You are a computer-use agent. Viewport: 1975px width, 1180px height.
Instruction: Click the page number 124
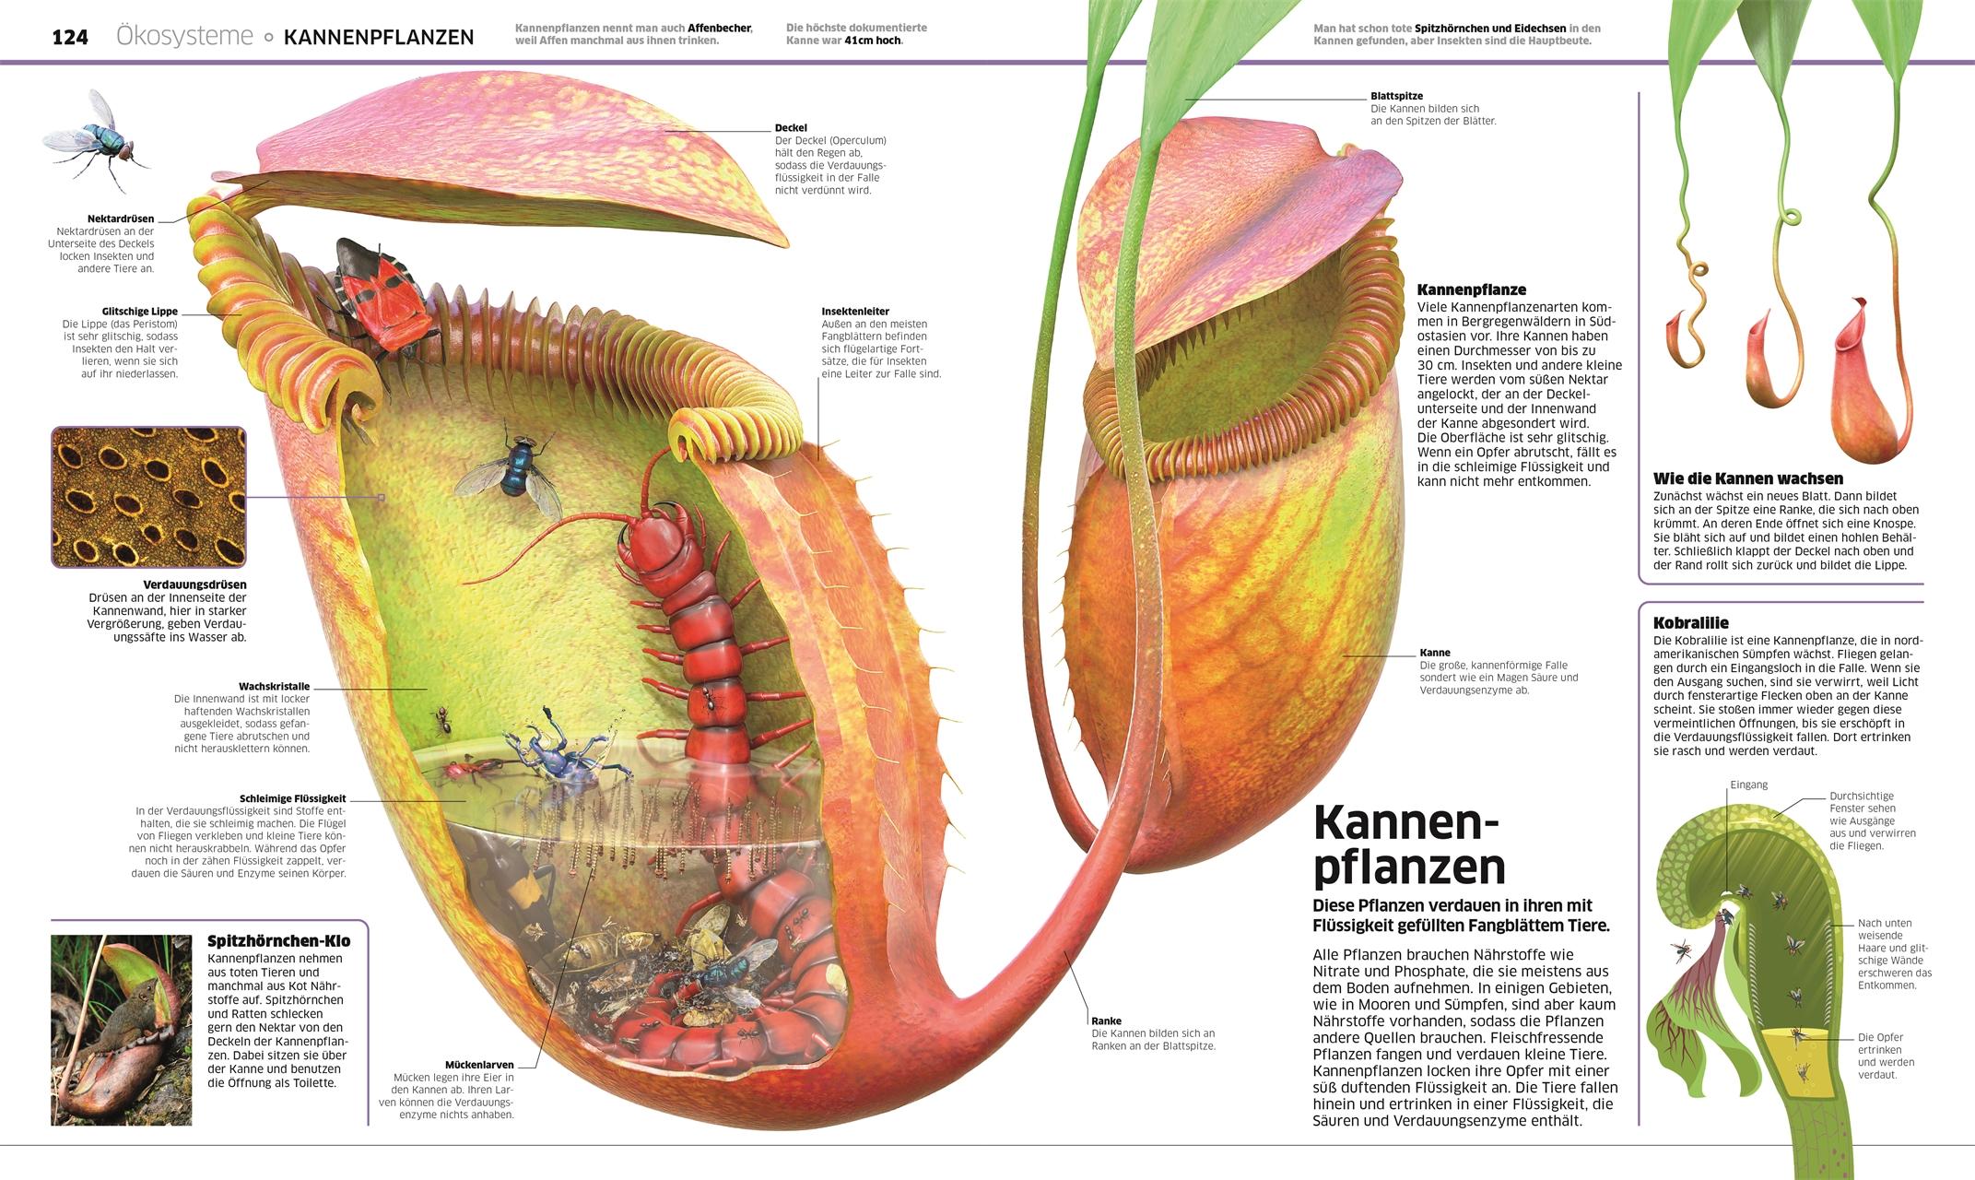pos(70,38)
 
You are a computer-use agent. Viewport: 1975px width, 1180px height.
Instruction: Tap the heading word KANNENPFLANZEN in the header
pos(379,38)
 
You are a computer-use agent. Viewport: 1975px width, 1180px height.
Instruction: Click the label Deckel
pos(791,128)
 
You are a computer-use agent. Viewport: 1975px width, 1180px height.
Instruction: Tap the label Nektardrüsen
pos(121,219)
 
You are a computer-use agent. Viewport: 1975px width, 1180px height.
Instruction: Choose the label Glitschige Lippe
pos(140,312)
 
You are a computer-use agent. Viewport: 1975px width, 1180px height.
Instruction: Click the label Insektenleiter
pos(855,312)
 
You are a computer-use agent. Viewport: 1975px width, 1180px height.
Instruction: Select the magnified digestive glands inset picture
pos(149,496)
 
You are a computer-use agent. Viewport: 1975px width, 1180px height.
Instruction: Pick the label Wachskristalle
pos(274,687)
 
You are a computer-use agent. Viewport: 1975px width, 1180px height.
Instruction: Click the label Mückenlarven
pos(479,1065)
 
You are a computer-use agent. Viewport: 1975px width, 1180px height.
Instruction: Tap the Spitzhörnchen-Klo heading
pos(278,941)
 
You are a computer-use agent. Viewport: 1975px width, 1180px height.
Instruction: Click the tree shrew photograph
pos(121,1030)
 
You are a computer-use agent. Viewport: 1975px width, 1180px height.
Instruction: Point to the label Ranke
pos(1106,1021)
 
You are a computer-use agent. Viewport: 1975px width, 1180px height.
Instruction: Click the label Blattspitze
pos(1396,96)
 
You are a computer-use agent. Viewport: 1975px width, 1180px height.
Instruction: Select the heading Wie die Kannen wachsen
pos(1747,478)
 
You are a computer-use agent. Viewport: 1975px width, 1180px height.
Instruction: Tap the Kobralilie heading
pos(1690,622)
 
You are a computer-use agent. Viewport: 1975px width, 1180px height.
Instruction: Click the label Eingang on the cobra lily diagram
pos(1748,785)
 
